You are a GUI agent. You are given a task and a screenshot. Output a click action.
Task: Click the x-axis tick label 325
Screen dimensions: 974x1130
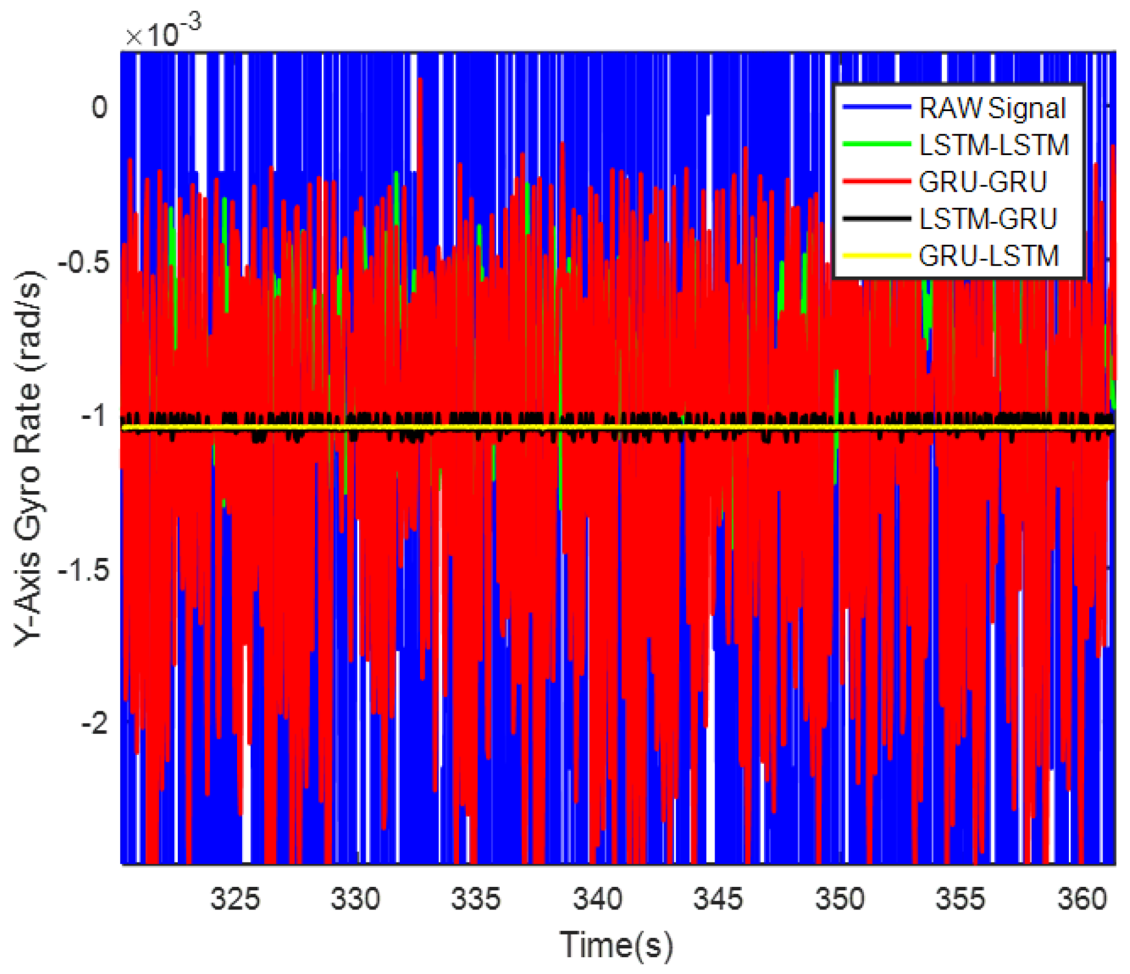(x=235, y=899)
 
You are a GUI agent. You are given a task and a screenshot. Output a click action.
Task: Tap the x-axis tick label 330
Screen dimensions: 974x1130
(x=355, y=899)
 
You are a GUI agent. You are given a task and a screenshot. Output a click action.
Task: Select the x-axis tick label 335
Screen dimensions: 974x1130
(x=476, y=899)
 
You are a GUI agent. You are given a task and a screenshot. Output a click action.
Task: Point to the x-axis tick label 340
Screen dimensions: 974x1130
(x=597, y=899)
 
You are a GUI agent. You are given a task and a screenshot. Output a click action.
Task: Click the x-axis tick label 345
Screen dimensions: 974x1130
(x=718, y=899)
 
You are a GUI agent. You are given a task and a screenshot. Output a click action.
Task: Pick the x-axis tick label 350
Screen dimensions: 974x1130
(x=840, y=899)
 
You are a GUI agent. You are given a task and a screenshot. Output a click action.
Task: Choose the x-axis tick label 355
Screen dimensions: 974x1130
(x=960, y=899)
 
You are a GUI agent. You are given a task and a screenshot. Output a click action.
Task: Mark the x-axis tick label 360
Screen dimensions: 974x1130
(x=1082, y=899)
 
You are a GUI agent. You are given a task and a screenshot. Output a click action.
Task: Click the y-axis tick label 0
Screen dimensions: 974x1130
(x=99, y=108)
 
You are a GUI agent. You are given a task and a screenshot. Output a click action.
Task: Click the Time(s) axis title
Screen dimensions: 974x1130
(x=616, y=944)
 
